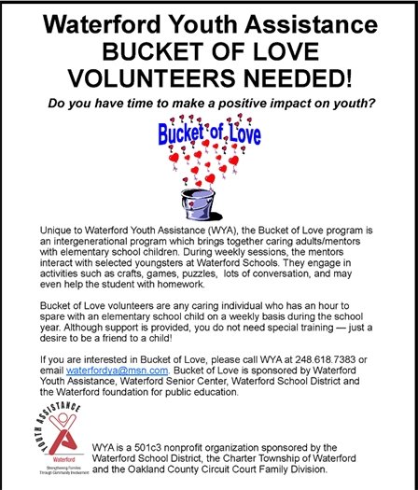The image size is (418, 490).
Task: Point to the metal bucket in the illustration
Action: (207, 201)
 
